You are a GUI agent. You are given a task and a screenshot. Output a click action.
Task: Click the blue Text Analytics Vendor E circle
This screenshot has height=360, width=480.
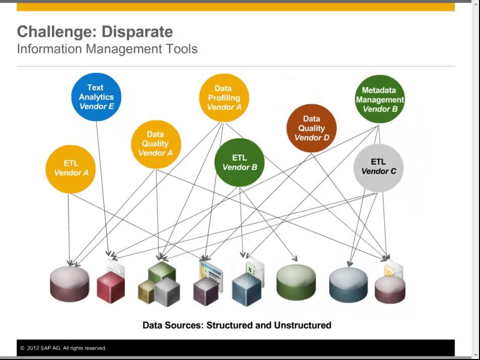pos(96,97)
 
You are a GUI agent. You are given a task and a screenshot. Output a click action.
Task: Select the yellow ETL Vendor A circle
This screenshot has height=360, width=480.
pos(71,168)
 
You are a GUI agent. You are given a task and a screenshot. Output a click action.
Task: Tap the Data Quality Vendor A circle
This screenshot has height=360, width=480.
pos(155,144)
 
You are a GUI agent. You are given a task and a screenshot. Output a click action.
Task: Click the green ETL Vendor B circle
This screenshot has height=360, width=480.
pos(239,162)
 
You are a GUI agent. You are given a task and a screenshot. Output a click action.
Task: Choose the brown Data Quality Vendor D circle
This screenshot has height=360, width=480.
pos(311,128)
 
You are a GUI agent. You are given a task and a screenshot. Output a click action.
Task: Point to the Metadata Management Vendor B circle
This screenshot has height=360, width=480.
pos(380,99)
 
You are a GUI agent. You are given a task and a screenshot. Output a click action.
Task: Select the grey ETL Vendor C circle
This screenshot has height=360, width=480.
pos(379,167)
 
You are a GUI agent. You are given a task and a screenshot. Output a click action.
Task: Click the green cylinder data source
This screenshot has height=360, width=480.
pos(296,282)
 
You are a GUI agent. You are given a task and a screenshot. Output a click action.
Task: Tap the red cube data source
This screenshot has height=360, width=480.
pos(110,287)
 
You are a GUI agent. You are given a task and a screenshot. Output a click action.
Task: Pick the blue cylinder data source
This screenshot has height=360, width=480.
pos(348,284)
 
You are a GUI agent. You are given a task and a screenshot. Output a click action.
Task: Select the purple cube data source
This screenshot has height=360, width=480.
pos(206,290)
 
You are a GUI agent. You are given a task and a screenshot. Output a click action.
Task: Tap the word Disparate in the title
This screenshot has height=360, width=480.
pos(137,32)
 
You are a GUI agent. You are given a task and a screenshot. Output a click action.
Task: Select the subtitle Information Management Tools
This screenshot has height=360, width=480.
pos(107,49)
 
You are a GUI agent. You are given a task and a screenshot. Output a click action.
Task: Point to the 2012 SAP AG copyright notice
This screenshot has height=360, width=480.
pos(64,348)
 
